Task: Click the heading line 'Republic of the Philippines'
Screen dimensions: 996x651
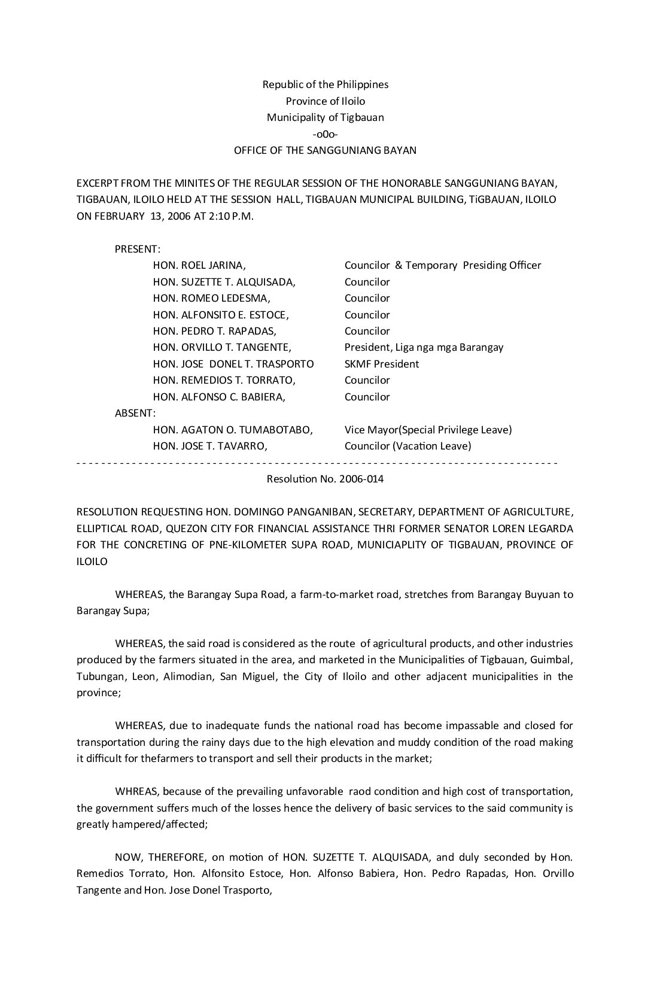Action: click(325, 84)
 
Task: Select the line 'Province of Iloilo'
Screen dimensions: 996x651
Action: click(325, 101)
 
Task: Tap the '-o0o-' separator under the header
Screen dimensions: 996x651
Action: click(325, 134)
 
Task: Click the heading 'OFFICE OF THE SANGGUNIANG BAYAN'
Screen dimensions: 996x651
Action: click(325, 150)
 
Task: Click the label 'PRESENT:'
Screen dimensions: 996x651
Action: click(138, 249)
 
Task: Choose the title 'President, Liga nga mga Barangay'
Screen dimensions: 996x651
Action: click(424, 347)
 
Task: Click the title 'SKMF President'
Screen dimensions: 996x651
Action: click(382, 364)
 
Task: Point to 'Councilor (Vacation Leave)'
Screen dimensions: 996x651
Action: click(407, 446)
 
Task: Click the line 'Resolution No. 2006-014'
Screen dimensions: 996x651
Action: click(325, 479)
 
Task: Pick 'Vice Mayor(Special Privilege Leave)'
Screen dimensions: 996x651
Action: click(428, 430)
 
